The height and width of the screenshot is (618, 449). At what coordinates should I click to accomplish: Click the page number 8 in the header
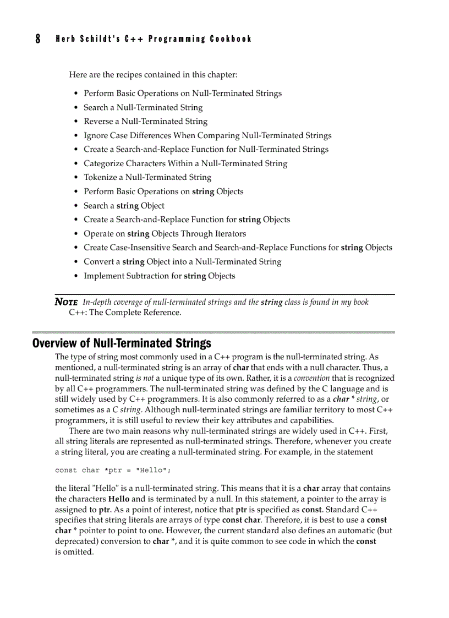tap(37, 39)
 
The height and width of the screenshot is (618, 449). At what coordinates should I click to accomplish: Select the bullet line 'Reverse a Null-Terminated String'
tap(145, 122)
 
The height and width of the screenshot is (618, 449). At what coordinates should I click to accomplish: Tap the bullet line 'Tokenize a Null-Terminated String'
tap(147, 177)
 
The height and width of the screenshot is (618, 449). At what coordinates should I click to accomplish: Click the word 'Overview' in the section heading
tap(53, 344)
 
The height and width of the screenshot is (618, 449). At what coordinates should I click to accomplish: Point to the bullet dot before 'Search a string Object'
tap(76, 206)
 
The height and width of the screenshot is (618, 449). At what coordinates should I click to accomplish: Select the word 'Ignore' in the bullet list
tap(96, 135)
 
